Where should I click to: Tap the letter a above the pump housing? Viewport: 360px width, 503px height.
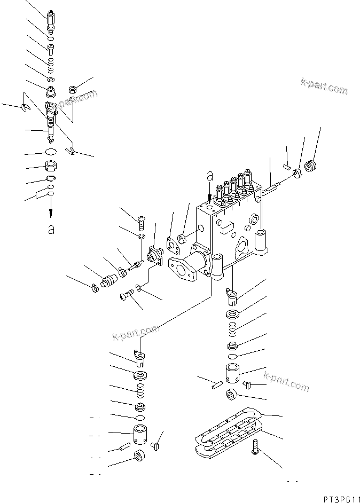(x=210, y=175)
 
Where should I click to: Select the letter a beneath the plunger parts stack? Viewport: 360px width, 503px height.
(x=51, y=229)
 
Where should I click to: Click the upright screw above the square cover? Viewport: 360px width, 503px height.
(x=143, y=219)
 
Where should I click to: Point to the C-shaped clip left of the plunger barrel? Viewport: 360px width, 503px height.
(x=25, y=108)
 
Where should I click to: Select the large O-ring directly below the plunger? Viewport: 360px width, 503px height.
(x=50, y=154)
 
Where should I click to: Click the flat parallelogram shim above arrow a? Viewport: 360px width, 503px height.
(x=42, y=194)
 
